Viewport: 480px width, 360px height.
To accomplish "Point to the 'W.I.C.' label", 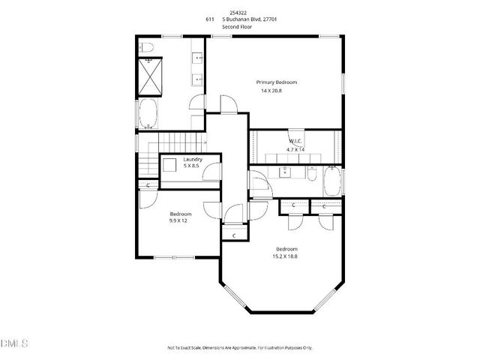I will tap(295, 141).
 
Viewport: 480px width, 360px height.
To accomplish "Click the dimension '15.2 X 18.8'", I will tap(286, 256).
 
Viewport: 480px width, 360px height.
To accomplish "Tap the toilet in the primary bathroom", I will tap(148, 49).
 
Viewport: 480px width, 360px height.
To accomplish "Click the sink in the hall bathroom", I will tap(284, 172).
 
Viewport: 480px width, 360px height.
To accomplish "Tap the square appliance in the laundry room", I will tap(169, 165).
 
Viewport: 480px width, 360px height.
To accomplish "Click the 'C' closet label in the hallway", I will tap(235, 235).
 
